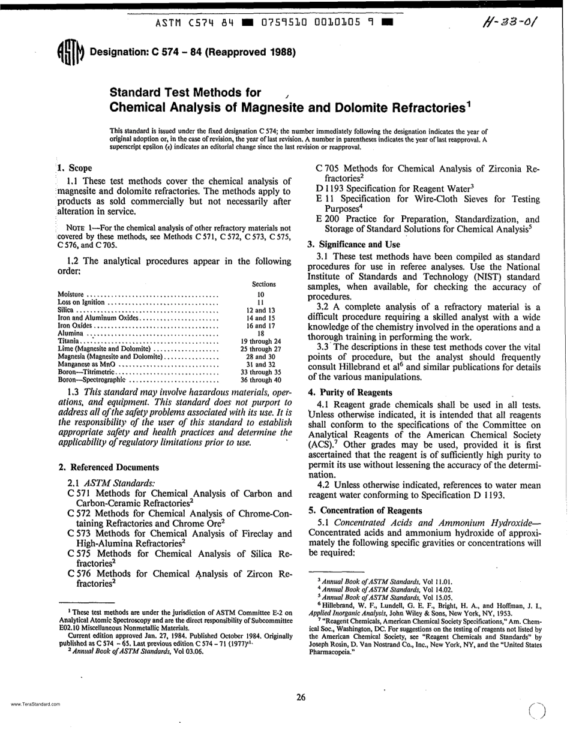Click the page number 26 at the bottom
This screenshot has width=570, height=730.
point(302,696)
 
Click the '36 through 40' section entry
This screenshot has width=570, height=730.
point(260,380)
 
